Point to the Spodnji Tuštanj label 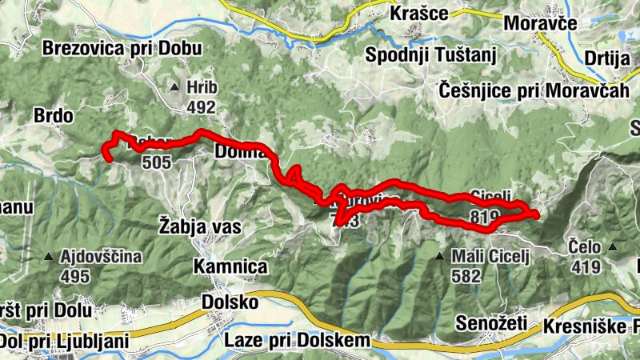431,55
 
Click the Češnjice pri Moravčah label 534,90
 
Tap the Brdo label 54,116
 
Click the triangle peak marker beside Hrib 174,86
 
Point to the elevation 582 466,276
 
